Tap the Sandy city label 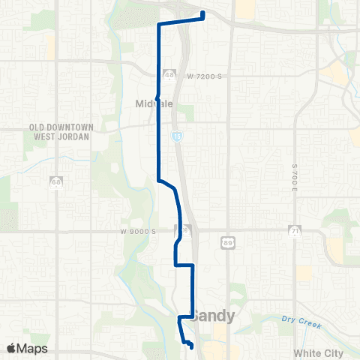(x=214, y=316)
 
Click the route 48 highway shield (x=170, y=75)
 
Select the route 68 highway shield (x=56, y=181)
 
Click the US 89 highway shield (x=226, y=242)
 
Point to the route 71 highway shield (x=296, y=230)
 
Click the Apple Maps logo (x=27, y=348)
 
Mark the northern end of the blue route (x=203, y=13)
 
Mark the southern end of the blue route (x=191, y=346)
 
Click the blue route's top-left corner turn (x=158, y=25)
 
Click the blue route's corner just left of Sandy (x=179, y=318)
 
